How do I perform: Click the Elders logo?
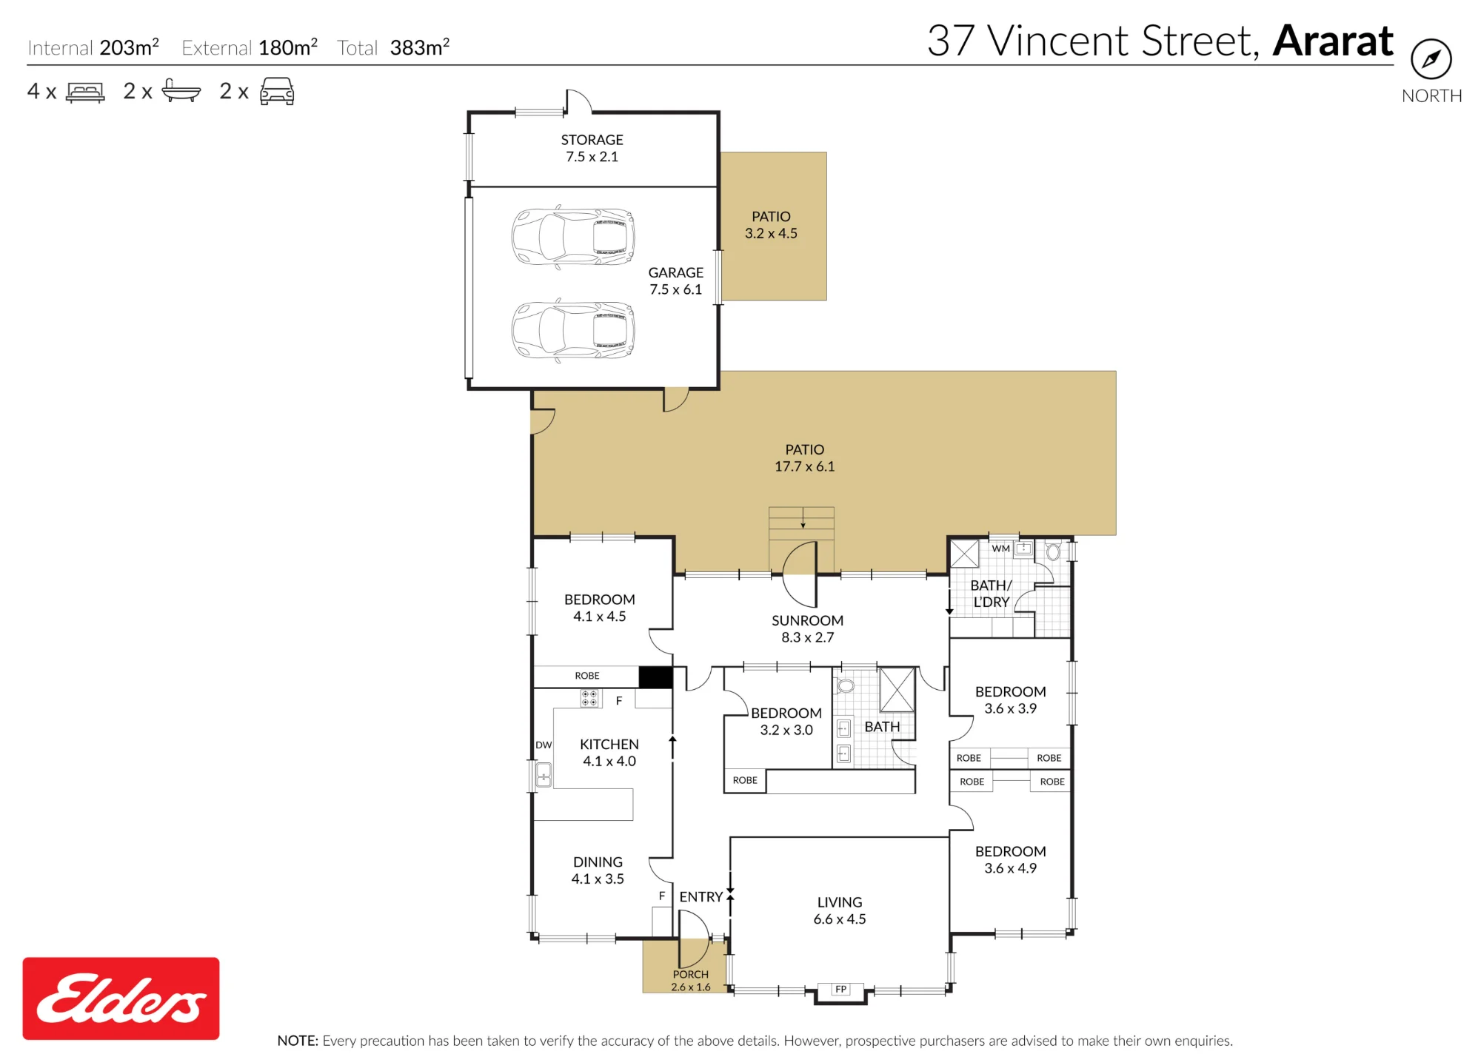click(x=121, y=998)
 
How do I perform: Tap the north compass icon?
click(x=1431, y=59)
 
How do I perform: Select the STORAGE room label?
click(x=592, y=140)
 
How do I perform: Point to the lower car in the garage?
click(x=573, y=329)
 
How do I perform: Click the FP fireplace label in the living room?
click(x=840, y=989)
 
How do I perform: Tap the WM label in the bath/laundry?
click(x=1000, y=548)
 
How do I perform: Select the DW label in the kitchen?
click(x=544, y=745)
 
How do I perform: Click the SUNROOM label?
click(x=807, y=620)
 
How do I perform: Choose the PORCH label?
click(x=690, y=975)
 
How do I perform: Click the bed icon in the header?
click(x=85, y=92)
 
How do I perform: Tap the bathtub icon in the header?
click(x=181, y=90)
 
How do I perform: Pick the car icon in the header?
click(x=277, y=91)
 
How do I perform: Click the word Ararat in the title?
click(x=1333, y=41)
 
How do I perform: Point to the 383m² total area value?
click(x=420, y=47)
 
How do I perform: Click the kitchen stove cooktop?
click(x=589, y=698)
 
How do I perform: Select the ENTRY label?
click(x=701, y=897)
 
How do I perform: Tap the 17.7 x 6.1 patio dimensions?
click(x=804, y=466)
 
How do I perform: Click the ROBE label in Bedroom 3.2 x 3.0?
click(x=745, y=780)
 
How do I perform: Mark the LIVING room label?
click(x=840, y=902)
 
